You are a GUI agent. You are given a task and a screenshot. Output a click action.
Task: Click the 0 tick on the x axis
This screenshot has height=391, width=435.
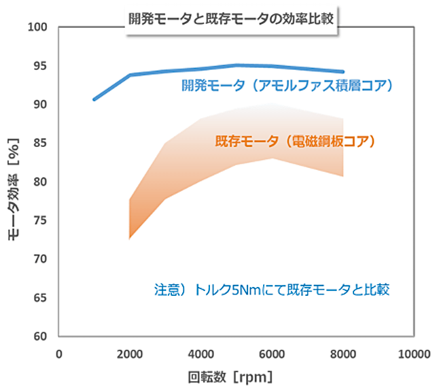coord(59,354)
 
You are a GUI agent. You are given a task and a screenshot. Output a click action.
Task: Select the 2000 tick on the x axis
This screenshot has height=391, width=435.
coord(130,354)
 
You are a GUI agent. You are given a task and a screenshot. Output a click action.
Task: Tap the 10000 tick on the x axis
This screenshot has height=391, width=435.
coord(413,354)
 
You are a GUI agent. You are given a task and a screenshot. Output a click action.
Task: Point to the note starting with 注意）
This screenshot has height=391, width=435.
coord(271,290)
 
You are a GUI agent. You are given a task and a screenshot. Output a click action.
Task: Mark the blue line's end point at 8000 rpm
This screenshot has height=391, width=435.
coord(343,71)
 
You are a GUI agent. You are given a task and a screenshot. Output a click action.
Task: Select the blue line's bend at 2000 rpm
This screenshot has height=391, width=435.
coord(130,75)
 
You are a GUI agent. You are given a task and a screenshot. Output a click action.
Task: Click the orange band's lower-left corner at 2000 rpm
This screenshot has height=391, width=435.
coord(130,239)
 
